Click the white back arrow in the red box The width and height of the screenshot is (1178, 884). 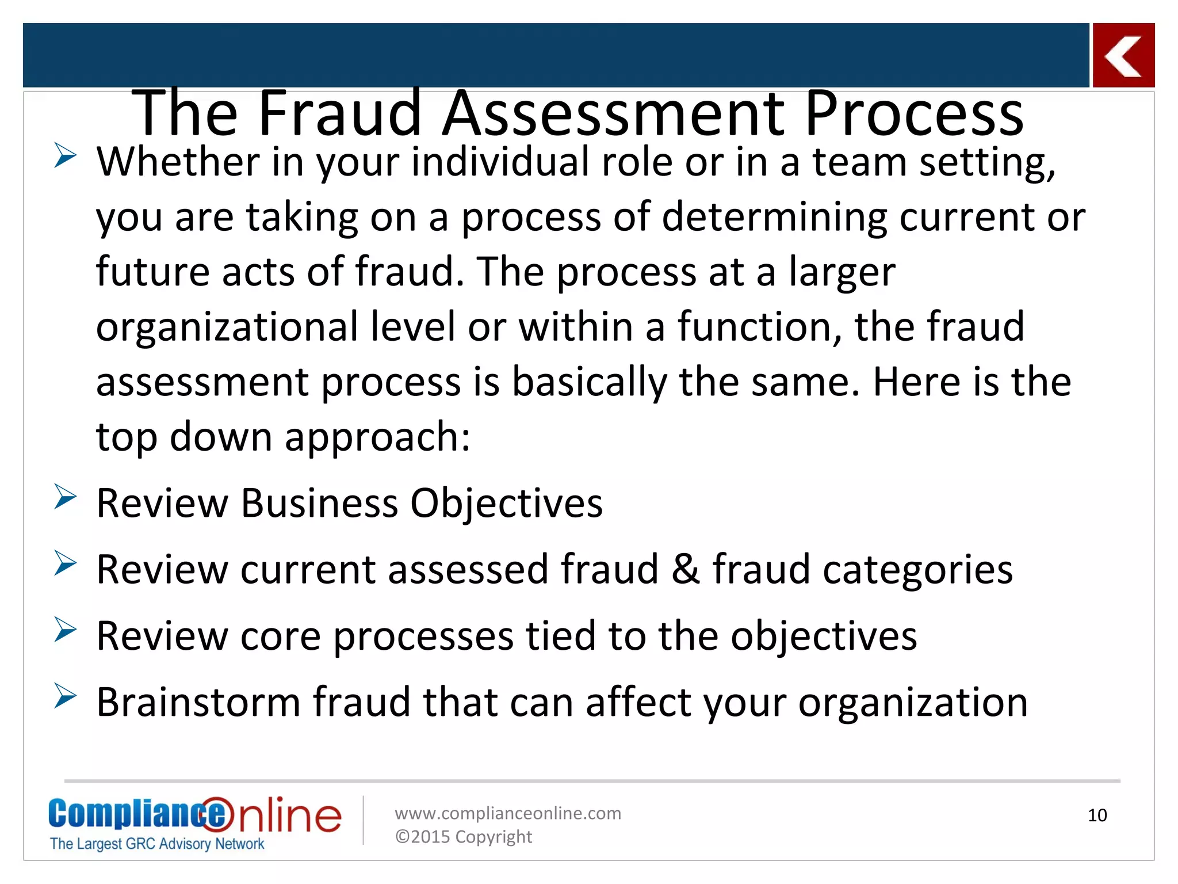(1123, 56)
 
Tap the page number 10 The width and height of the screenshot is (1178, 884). (1097, 815)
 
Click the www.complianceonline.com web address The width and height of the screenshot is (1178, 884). (507, 813)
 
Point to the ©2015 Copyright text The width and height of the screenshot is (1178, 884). (463, 836)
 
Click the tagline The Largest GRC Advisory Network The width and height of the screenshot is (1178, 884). (156, 844)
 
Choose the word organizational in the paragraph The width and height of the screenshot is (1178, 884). (227, 327)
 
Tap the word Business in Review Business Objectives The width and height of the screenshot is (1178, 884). (319, 503)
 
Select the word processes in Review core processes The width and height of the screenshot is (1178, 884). (423, 637)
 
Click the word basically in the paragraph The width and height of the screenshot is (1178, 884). (589, 382)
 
